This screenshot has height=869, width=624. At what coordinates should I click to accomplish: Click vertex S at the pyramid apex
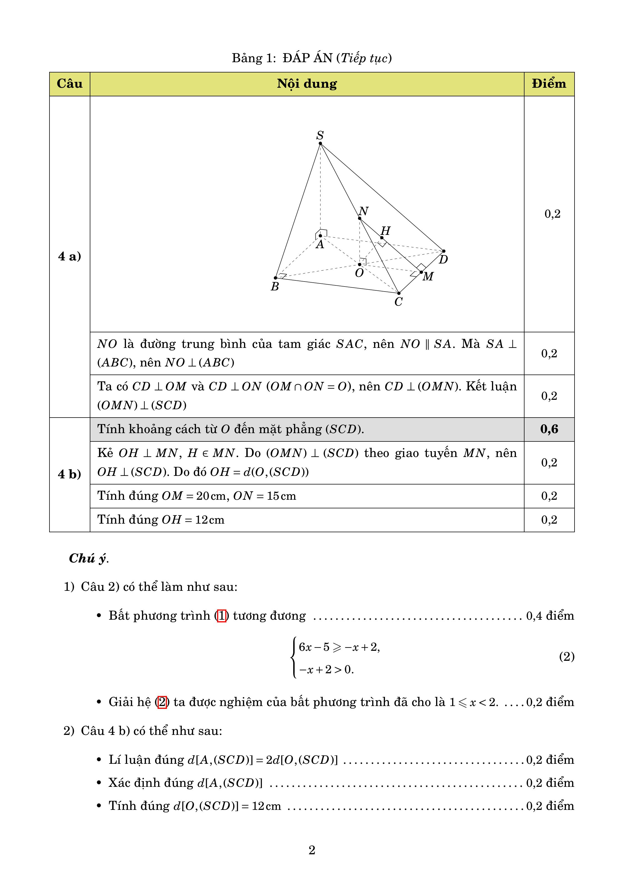[320, 144]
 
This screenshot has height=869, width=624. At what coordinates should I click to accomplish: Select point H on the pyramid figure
[382, 238]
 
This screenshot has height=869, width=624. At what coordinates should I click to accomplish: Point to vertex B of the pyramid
[275, 278]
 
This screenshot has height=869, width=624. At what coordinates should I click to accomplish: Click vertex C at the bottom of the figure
[399, 293]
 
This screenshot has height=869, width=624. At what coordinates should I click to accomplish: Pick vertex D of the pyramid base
[444, 251]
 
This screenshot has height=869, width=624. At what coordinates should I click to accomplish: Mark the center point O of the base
[359, 264]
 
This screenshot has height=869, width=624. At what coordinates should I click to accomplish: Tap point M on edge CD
[421, 272]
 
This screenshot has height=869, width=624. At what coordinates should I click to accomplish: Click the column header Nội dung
[307, 84]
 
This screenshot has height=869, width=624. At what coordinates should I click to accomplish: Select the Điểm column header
[549, 84]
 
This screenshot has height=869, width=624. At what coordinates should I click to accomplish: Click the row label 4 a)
[69, 256]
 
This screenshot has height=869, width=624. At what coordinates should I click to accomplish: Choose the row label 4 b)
[69, 474]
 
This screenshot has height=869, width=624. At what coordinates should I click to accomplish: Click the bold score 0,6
[549, 429]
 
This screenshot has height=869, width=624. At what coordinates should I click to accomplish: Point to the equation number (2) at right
[566, 657]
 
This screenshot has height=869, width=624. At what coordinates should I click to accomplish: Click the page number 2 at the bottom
[312, 850]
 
